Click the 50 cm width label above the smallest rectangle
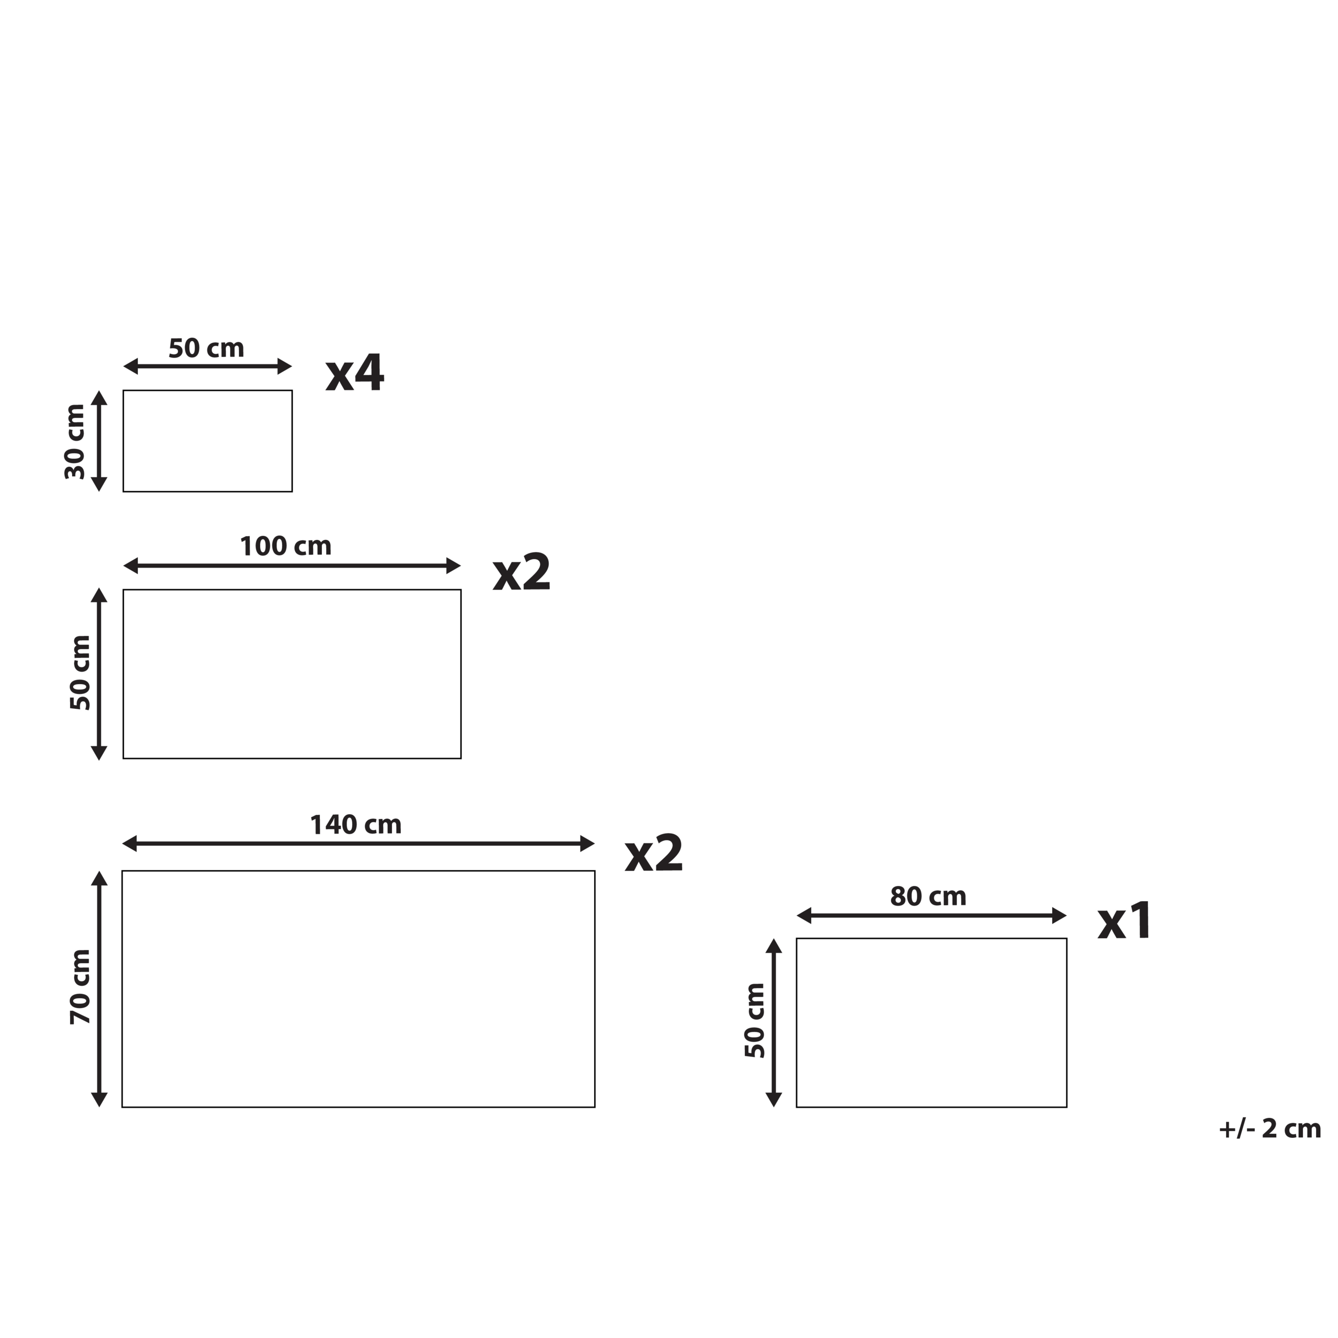point(206,348)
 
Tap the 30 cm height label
point(74,442)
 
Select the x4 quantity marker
point(354,373)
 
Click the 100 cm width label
point(285,546)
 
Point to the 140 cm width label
point(355,825)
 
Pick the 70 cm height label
point(80,987)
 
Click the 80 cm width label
point(928,897)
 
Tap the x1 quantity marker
point(1124,921)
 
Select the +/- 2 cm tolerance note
point(1270,1129)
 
